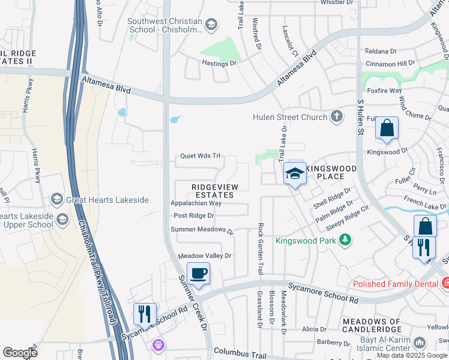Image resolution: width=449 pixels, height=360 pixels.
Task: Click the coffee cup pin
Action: [198, 274]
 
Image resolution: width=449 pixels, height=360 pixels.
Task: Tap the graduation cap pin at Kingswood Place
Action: [294, 173]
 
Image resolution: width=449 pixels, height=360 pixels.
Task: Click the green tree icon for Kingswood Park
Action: [345, 241]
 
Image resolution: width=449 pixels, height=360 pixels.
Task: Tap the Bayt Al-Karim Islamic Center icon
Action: [419, 343]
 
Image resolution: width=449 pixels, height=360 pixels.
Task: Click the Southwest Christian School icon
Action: [211, 25]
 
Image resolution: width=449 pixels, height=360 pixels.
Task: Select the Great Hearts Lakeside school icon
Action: [57, 199]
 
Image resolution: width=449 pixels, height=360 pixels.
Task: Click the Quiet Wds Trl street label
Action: [200, 156]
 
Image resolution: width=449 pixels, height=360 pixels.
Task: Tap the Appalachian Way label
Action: [196, 203]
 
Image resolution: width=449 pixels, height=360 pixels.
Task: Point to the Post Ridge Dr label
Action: [193, 215]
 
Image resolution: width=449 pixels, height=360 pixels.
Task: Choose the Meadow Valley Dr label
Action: [205, 256]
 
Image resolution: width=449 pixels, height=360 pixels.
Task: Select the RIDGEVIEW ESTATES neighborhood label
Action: [212, 191]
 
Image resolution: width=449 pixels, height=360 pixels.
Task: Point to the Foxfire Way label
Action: [384, 91]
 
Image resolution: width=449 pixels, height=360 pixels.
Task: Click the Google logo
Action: [20, 353]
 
